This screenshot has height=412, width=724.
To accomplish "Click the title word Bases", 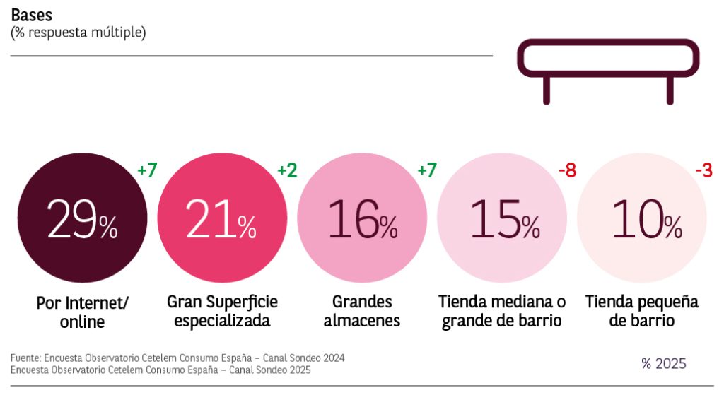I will [x=31, y=16].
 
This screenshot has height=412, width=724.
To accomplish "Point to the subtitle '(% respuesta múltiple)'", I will [x=78, y=33].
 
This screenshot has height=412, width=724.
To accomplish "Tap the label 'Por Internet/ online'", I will [x=82, y=312].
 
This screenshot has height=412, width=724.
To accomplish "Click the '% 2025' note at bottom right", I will [x=663, y=364].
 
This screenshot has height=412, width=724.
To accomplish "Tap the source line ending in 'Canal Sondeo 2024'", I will [x=177, y=358].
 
